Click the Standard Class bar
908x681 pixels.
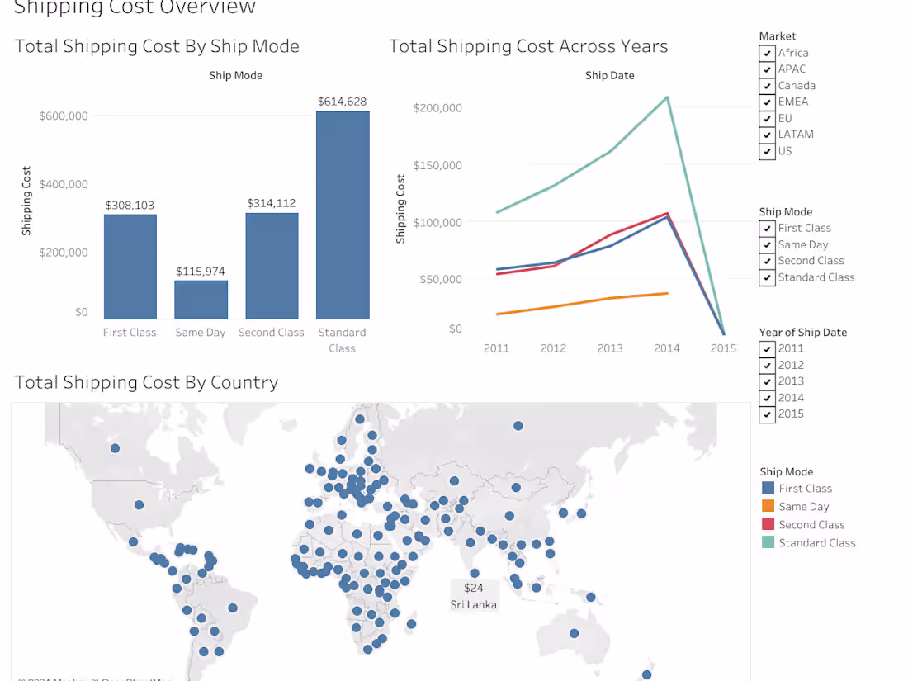[x=343, y=215]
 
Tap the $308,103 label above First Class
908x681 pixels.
[x=130, y=206]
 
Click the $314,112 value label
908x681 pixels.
[x=272, y=203]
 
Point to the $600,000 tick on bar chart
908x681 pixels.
[x=64, y=116]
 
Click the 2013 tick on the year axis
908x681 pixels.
[x=610, y=348]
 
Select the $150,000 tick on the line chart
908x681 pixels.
[x=437, y=165]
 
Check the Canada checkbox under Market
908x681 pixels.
[x=768, y=86]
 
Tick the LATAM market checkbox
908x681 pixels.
[x=768, y=135]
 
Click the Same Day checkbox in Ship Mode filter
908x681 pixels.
[x=768, y=245]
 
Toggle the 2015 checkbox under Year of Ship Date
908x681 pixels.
[x=768, y=414]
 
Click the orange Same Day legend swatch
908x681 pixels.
[x=768, y=507]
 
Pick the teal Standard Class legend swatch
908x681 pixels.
[x=768, y=543]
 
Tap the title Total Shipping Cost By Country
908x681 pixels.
[x=147, y=382]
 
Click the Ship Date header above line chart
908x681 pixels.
[x=610, y=75]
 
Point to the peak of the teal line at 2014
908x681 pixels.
[x=667, y=97]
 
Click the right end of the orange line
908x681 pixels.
[x=667, y=293]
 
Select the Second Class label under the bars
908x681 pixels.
[x=271, y=333]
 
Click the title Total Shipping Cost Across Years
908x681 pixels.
[x=528, y=46]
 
